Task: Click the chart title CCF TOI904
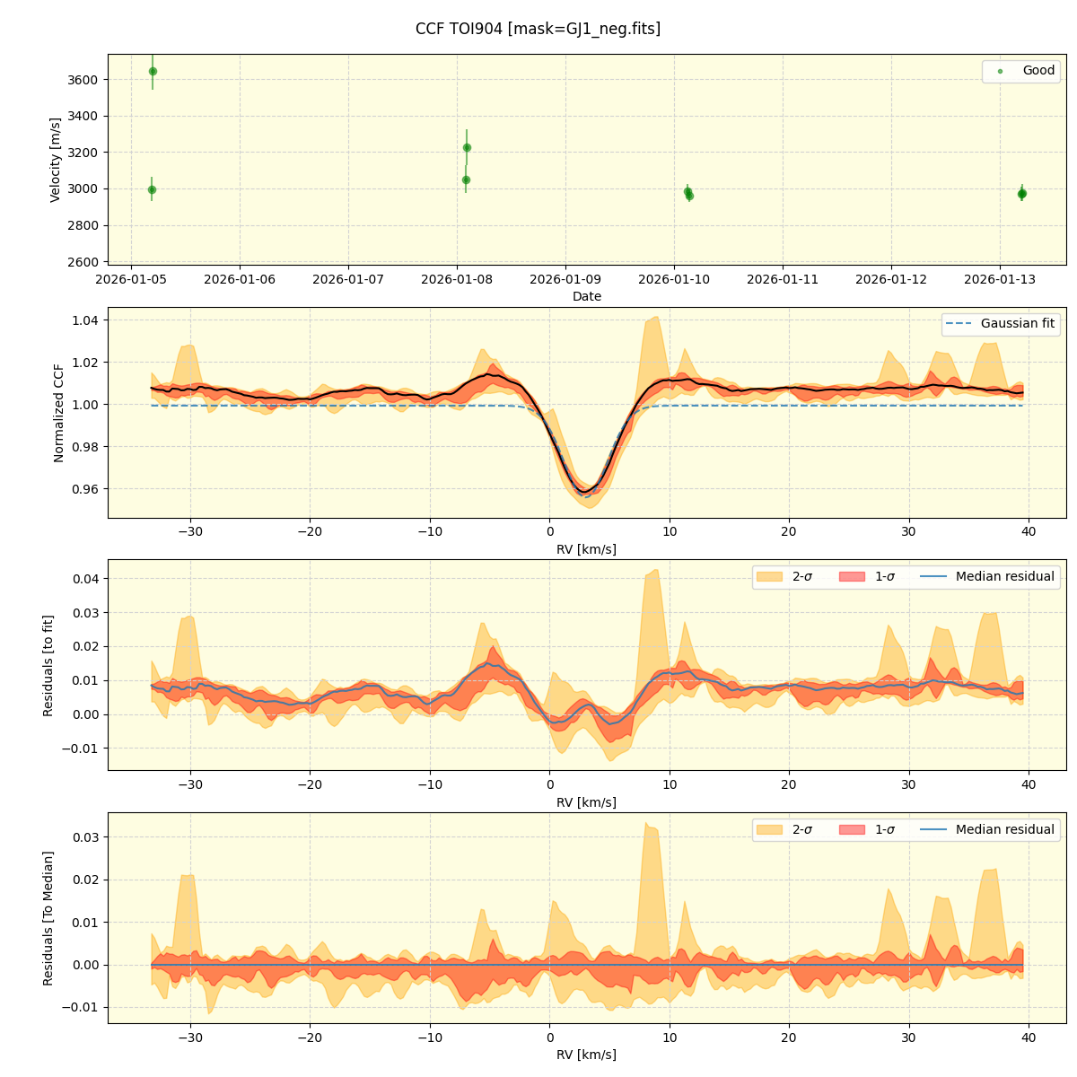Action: click(538, 29)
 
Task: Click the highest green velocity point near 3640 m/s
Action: click(153, 71)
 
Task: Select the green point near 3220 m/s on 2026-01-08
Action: click(467, 147)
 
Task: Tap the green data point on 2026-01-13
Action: click(1021, 194)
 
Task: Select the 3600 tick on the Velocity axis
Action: click(83, 80)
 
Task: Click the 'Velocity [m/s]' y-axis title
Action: click(56, 160)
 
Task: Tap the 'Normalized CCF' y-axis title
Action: click(59, 413)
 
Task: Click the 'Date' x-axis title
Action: click(587, 297)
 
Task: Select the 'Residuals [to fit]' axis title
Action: click(48, 665)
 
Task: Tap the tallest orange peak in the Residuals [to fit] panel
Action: click(655, 570)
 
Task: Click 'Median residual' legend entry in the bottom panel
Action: click(1004, 829)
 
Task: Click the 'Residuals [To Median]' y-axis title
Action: click(48, 918)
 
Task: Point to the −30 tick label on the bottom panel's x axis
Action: click(189, 1038)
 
